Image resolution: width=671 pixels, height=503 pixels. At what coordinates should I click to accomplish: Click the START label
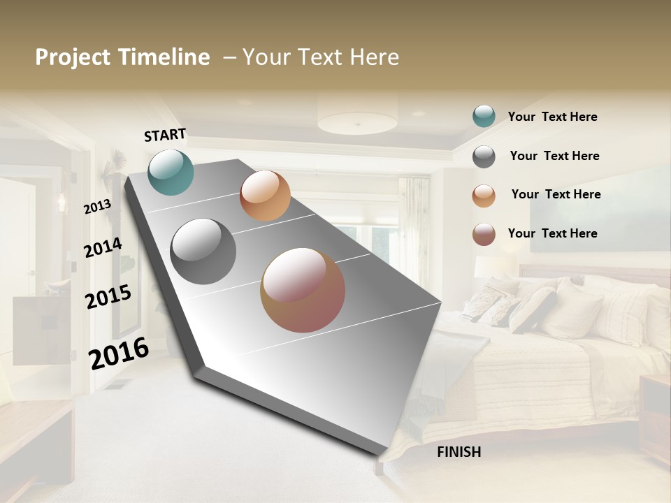coord(165,135)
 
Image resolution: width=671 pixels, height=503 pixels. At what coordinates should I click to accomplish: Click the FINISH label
coord(459,452)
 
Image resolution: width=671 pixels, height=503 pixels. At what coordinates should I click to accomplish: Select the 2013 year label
coord(97,207)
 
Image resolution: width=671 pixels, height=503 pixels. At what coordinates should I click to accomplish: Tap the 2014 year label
coord(103,247)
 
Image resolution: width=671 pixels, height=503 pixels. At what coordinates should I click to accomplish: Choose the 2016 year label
coord(119,353)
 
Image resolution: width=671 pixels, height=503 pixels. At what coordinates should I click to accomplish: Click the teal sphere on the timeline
coord(171,172)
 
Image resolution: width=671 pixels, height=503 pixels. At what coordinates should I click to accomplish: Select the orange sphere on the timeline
coord(265,196)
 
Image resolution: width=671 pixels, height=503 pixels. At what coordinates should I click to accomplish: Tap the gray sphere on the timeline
coord(203,251)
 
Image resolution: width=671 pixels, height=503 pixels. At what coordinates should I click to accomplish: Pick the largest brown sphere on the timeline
coord(303,290)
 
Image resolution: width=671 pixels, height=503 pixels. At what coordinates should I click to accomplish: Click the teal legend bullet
coord(484,117)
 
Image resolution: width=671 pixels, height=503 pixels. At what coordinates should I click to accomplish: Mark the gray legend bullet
coord(484,156)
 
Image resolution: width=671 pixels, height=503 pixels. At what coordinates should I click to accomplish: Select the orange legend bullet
coord(484,195)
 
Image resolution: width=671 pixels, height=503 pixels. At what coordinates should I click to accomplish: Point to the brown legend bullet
coord(484,234)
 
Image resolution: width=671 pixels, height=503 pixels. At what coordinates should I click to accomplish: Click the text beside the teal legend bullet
coord(552,117)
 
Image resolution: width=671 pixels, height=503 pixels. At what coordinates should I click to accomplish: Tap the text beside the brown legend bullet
coord(552,233)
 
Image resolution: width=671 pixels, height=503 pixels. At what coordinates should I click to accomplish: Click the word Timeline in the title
coord(164,57)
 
